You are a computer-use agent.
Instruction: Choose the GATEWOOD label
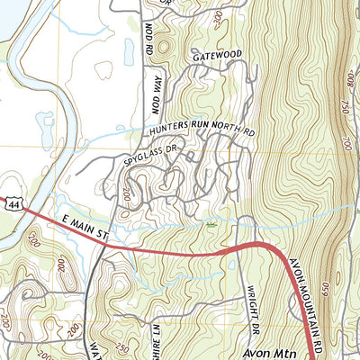point(217,56)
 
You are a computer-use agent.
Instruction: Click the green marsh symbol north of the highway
point(211,222)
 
